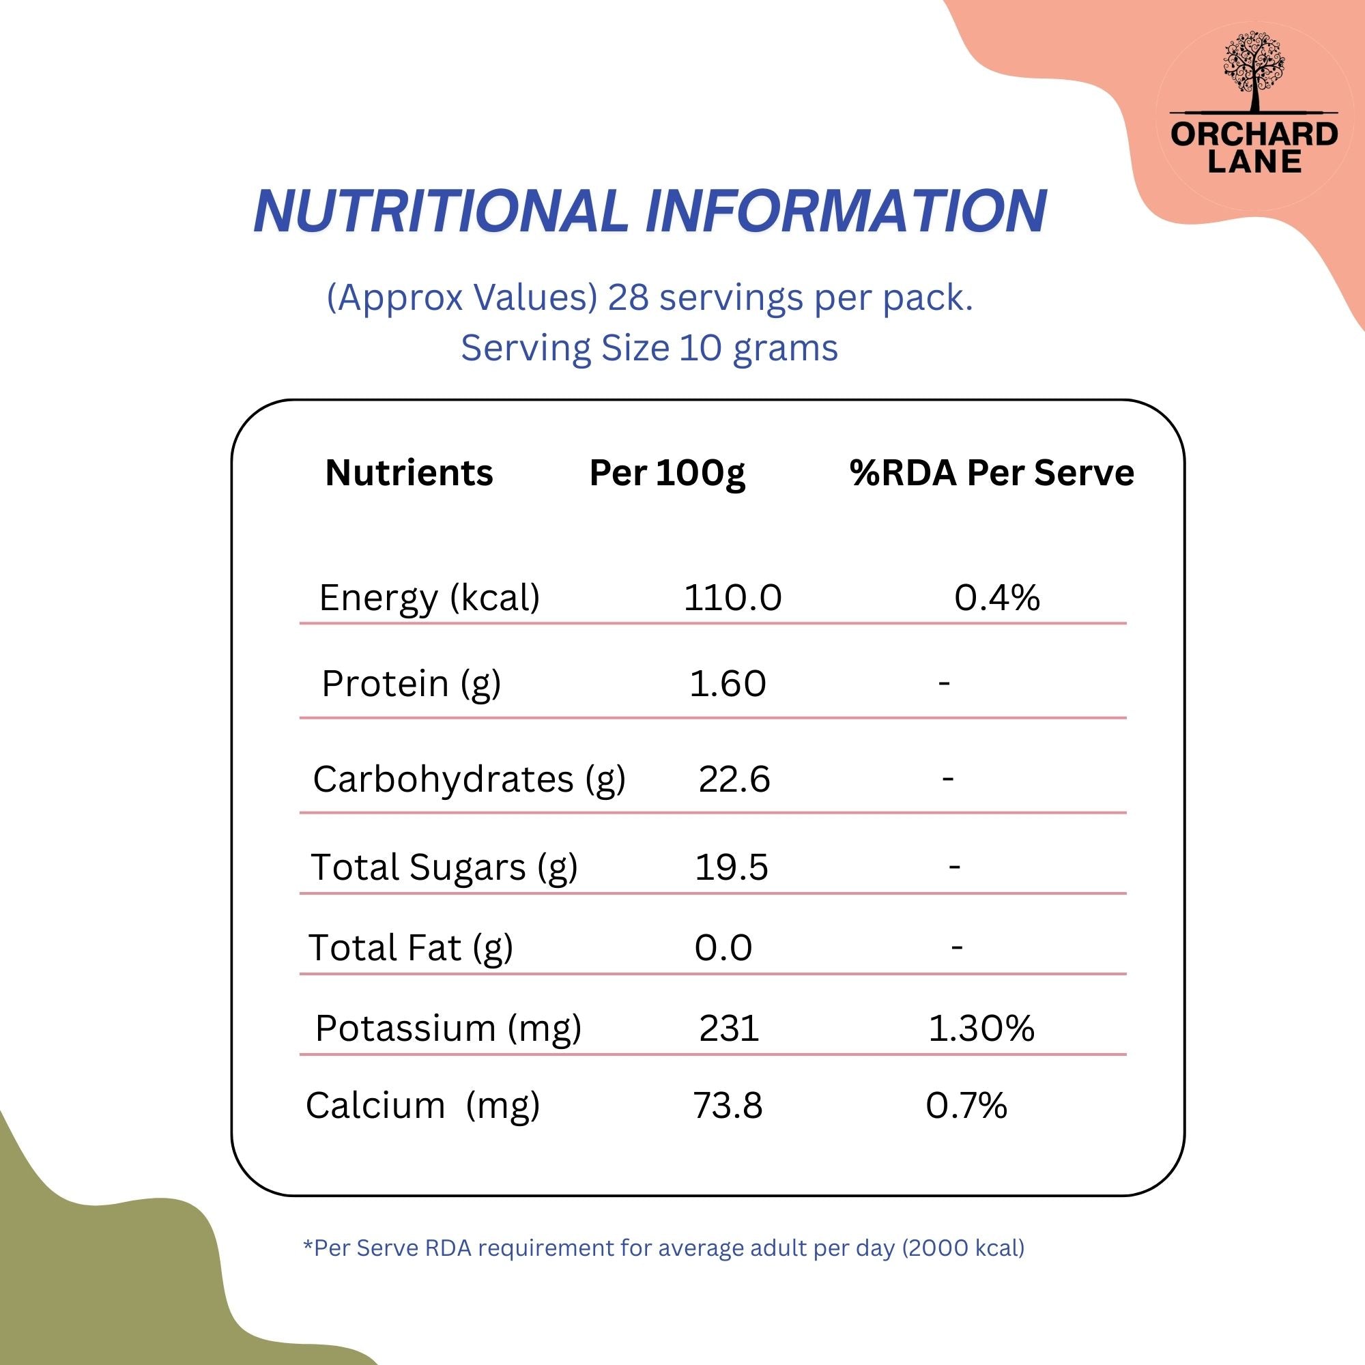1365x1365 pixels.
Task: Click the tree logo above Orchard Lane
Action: pyautogui.click(x=1254, y=72)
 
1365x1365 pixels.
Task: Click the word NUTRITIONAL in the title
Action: pyautogui.click(x=441, y=210)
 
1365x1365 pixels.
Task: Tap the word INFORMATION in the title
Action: pyautogui.click(x=846, y=210)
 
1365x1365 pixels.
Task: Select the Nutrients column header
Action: pyautogui.click(x=409, y=473)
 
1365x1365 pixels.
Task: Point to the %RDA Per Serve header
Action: pyautogui.click(x=992, y=473)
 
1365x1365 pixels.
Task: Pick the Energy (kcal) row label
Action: pyautogui.click(x=429, y=599)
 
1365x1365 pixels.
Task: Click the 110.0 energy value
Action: pyautogui.click(x=732, y=598)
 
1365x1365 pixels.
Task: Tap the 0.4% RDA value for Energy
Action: pyautogui.click(x=997, y=598)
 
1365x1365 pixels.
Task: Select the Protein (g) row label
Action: pyautogui.click(x=411, y=684)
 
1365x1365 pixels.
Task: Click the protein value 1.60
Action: pyautogui.click(x=728, y=684)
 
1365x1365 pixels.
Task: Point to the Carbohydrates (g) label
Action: pyautogui.click(x=469, y=780)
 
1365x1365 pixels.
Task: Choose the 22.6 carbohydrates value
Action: pyautogui.click(x=734, y=779)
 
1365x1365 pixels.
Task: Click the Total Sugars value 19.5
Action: pyautogui.click(x=731, y=867)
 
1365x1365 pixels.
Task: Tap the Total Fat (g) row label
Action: pyautogui.click(x=410, y=948)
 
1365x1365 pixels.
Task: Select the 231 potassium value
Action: pyautogui.click(x=729, y=1028)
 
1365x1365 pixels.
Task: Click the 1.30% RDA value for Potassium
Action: pyautogui.click(x=981, y=1028)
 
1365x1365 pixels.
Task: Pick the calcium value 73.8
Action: pyautogui.click(x=728, y=1106)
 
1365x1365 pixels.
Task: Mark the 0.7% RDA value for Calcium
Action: pyautogui.click(x=966, y=1106)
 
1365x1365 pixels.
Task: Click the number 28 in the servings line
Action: pyautogui.click(x=628, y=298)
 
